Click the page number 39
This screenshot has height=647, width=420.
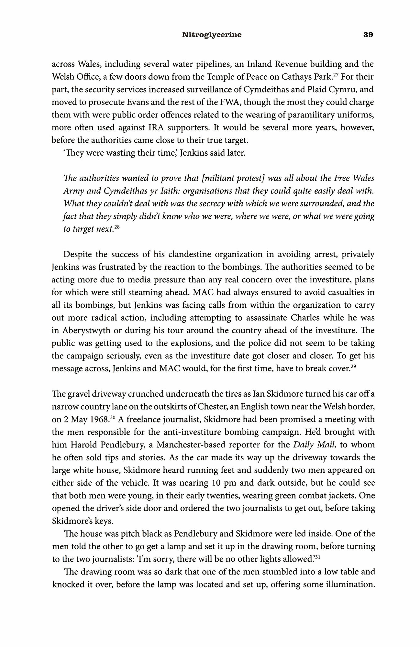pyautogui.click(x=368, y=35)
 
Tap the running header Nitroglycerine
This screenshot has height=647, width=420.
pyautogui.click(x=212, y=35)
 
